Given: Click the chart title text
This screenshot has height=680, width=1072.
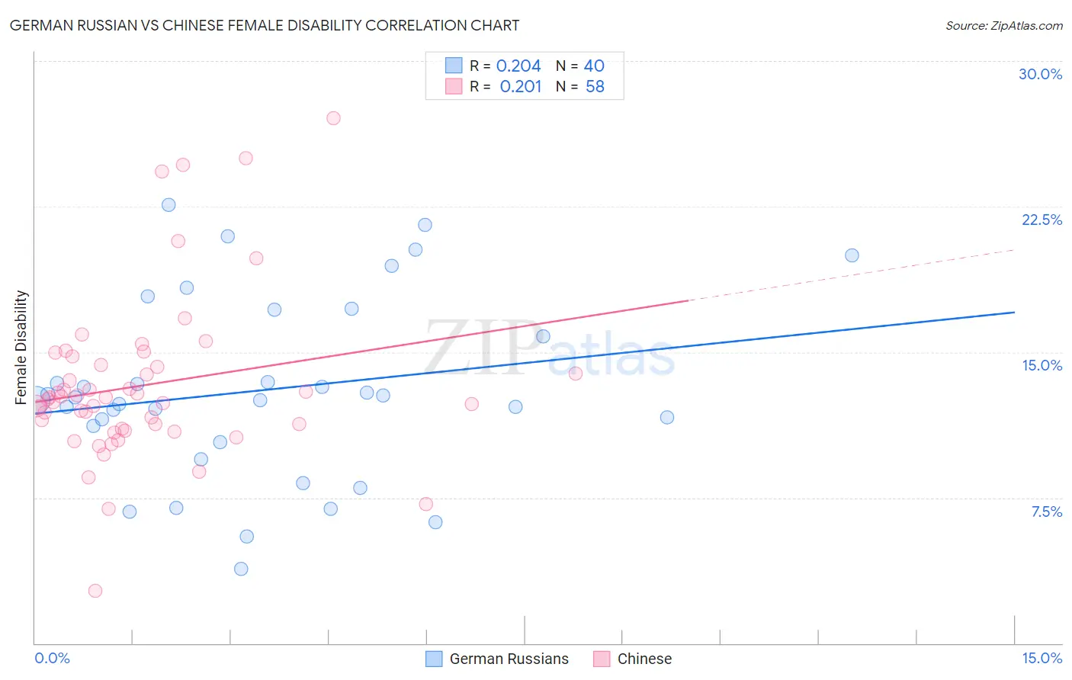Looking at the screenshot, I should pos(265,25).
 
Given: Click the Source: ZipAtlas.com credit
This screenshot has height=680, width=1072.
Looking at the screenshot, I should pos(1003,25).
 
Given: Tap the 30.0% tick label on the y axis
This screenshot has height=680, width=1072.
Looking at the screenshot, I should pos(1040,74).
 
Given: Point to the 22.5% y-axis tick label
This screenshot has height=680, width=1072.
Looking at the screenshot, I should pos(1042,220).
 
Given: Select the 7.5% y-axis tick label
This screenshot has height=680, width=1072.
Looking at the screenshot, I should pos(1046,512).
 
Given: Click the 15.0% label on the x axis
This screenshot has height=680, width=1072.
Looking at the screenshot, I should pos(1042,658).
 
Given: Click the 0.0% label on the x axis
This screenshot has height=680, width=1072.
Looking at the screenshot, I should pos(52,658).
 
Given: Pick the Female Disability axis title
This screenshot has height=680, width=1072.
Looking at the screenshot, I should pos(21,347).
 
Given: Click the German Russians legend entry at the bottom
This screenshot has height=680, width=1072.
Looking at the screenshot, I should pos(509,659).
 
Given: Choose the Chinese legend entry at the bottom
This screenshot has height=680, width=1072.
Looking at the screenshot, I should pos(644,659).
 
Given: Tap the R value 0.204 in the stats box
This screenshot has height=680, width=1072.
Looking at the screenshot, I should pos(518,66).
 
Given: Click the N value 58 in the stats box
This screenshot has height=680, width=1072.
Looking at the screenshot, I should pos(595,87).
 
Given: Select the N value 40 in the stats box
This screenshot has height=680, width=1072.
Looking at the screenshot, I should pos(594,66).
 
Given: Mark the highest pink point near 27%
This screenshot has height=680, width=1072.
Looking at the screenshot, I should pos(333,118).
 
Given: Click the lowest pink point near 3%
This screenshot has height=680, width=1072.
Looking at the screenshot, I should pos(95,591).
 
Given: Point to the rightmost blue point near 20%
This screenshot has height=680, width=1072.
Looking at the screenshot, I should pos(852,255).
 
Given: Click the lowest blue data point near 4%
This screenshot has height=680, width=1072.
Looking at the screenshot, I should pos(241,569).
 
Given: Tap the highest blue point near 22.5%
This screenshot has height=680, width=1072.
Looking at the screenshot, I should pos(169,205).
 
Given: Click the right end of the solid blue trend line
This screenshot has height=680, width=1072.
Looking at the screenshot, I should pos(1013,313).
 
